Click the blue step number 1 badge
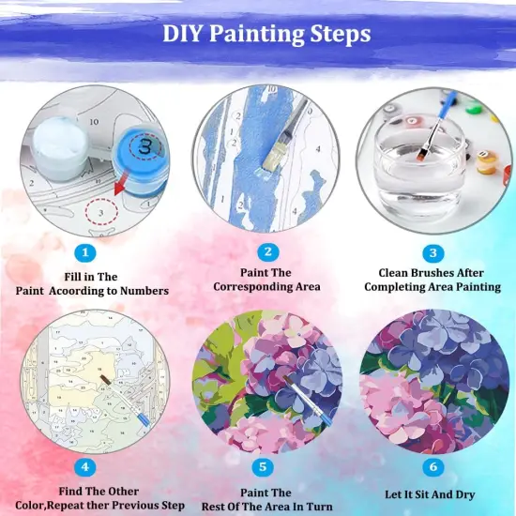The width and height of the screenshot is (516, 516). point(86,251)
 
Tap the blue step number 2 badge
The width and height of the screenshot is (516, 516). point(268,251)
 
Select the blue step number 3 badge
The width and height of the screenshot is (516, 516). point(433,252)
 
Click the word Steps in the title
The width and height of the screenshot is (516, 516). point(338,34)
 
